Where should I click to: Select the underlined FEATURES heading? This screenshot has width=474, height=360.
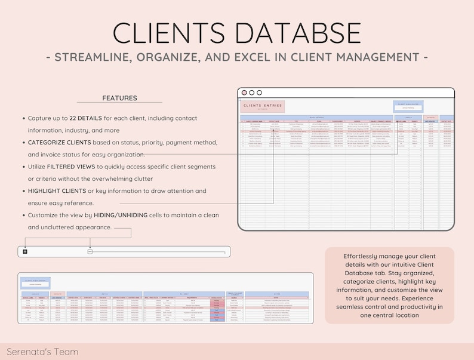click(x=119, y=98)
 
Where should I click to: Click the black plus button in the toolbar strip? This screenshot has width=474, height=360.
click(x=25, y=251)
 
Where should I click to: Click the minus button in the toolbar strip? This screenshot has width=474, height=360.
click(x=90, y=251)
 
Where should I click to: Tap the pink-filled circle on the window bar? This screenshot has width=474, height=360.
click(x=243, y=93)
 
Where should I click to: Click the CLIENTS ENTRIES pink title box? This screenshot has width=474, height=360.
click(x=263, y=107)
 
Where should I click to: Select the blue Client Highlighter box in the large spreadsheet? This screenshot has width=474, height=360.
click(x=408, y=106)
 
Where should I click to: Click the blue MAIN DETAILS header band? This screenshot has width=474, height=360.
click(x=316, y=118)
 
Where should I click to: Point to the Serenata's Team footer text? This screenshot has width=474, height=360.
click(x=42, y=352)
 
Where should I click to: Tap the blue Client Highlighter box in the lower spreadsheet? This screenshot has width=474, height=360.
click(x=36, y=282)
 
